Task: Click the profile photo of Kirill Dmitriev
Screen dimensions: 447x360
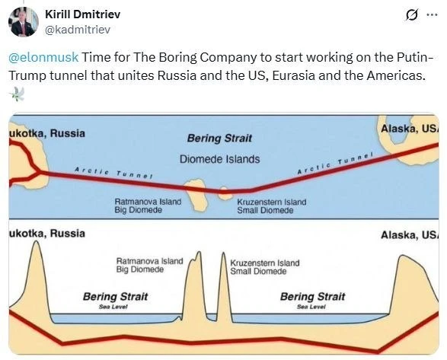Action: [x=24, y=21]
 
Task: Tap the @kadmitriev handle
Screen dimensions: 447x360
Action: [x=78, y=30]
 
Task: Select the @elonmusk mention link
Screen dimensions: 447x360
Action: [x=43, y=57]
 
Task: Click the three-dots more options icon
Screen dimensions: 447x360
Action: [x=432, y=14]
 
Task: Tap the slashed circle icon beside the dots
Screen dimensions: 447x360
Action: [x=412, y=14]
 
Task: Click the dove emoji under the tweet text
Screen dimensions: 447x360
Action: [x=17, y=94]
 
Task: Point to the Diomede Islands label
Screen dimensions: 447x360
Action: [x=219, y=159]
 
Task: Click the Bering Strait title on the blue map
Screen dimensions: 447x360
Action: [x=219, y=139]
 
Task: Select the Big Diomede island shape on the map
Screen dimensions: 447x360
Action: [x=196, y=195]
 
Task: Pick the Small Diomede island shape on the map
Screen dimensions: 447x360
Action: [x=225, y=194]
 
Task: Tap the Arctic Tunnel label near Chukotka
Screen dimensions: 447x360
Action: [x=113, y=172]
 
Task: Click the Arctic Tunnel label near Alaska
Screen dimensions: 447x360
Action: [x=335, y=164]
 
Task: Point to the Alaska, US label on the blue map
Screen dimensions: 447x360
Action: [x=410, y=129]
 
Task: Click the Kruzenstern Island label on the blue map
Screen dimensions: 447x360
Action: [x=272, y=202]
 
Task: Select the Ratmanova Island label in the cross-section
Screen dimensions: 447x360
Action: [x=150, y=261]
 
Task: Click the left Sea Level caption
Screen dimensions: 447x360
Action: [x=113, y=307]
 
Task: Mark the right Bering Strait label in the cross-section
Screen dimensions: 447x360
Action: [x=312, y=297]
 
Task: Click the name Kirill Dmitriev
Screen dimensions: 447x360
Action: [x=83, y=14]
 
